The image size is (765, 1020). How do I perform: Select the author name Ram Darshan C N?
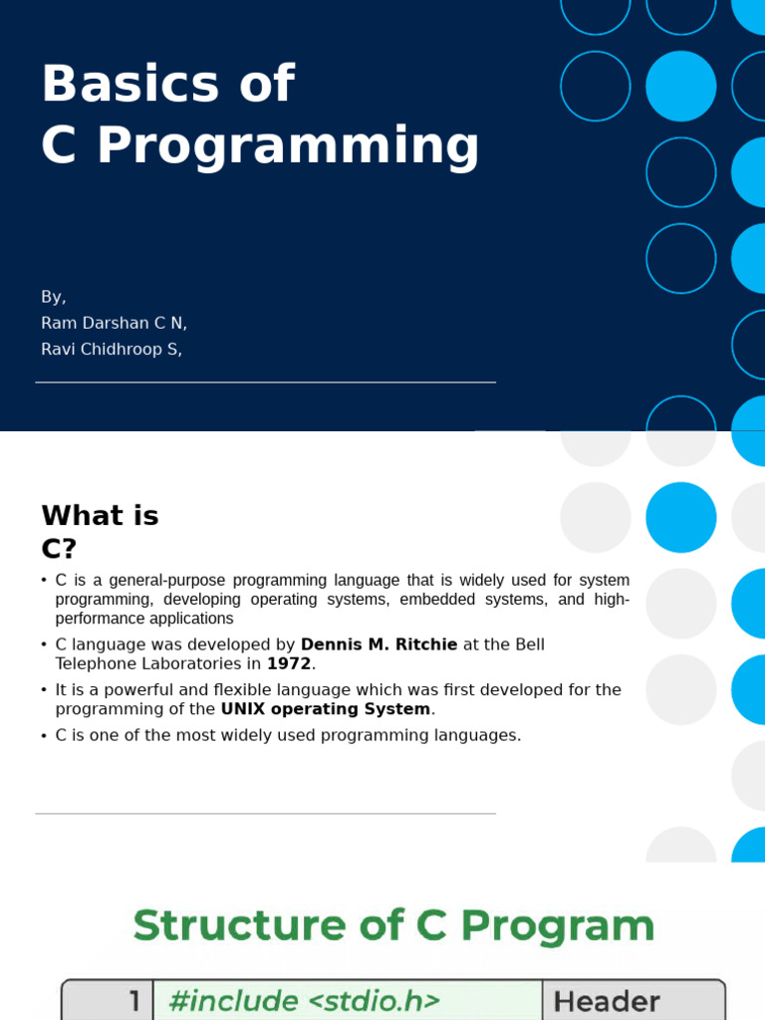pyautogui.click(x=113, y=323)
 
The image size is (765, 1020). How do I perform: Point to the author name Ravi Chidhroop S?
pyautogui.click(x=110, y=349)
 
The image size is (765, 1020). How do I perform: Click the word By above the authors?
pyautogui.click(x=52, y=297)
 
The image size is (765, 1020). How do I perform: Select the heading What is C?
pyautogui.click(x=100, y=531)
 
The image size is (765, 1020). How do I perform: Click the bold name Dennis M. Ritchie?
pyautogui.click(x=379, y=644)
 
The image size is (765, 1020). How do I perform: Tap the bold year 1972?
pyautogui.click(x=289, y=663)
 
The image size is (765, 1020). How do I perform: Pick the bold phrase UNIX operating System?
pyautogui.click(x=326, y=709)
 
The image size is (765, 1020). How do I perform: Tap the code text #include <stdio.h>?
pyautogui.click(x=304, y=1000)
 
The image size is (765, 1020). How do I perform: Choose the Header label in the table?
pyautogui.click(x=607, y=1001)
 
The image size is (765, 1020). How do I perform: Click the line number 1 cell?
pyautogui.click(x=134, y=1001)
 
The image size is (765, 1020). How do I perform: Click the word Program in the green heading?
pyautogui.click(x=558, y=925)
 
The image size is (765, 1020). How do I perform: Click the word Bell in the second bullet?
pyautogui.click(x=529, y=644)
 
